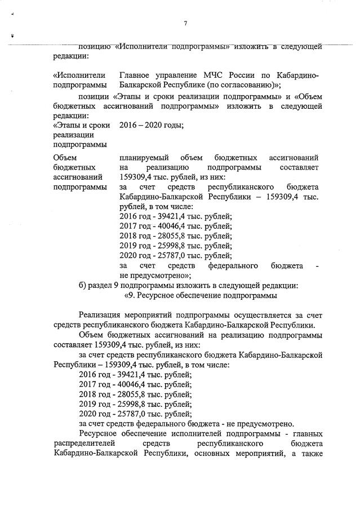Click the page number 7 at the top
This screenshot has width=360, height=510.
coord(185,23)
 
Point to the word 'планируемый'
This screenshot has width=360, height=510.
coord(144,158)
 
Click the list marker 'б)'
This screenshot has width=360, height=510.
coord(84,285)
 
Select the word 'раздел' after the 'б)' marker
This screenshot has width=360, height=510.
coord(105,285)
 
